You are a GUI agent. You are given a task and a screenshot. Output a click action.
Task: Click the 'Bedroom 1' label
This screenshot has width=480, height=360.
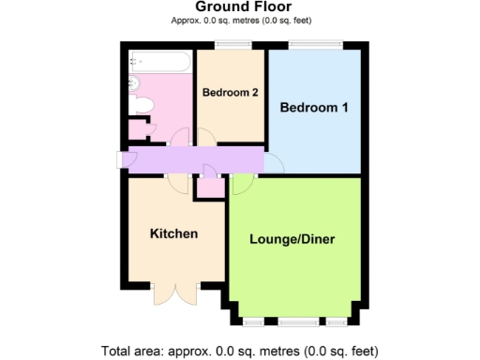(315, 108)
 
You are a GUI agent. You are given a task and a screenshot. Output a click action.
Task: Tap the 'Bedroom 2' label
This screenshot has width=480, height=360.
(230, 92)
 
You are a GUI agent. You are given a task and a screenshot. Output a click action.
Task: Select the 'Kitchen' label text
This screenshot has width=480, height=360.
(173, 232)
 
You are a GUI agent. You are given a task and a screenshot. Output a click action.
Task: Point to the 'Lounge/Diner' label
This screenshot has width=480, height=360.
(292, 239)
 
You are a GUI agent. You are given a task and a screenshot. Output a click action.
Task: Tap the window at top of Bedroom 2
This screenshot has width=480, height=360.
(229, 45)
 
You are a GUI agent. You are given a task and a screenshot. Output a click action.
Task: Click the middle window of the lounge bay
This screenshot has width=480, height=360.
(292, 322)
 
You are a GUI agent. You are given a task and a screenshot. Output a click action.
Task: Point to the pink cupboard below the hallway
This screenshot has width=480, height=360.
(209, 187)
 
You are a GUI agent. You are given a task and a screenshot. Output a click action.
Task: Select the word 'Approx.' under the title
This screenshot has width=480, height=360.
(187, 21)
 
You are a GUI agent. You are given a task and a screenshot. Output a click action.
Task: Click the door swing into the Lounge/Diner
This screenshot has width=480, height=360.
(240, 184)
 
